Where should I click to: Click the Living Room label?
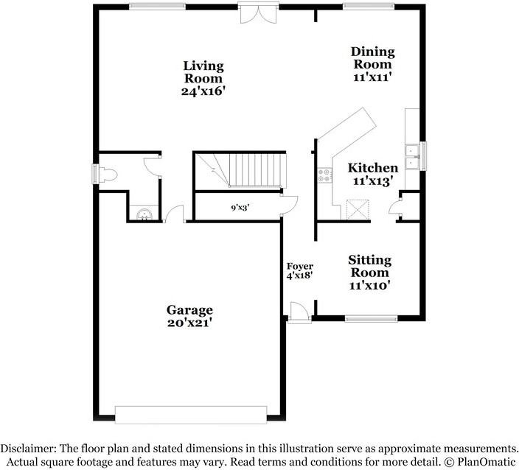pyautogui.click(x=203, y=71)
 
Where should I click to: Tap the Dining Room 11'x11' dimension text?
pyautogui.click(x=372, y=77)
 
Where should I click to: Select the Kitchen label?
pyautogui.click(x=373, y=168)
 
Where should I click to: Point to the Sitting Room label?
pyautogui.click(x=369, y=266)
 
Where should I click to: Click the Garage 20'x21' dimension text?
pyautogui.click(x=189, y=323)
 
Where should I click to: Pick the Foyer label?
pyautogui.click(x=299, y=266)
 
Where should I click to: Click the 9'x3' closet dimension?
pyautogui.click(x=240, y=208)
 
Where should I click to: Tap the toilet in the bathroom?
pyautogui.click(x=108, y=175)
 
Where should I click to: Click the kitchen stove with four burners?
pyautogui.click(x=324, y=175)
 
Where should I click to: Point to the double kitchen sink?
pyautogui.click(x=412, y=157)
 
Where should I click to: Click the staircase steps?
pyautogui.click(x=254, y=169)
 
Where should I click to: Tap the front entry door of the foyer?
pyautogui.click(x=299, y=312)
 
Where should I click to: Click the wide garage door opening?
pyautogui.click(x=191, y=415)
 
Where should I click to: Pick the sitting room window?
pyautogui.click(x=371, y=318)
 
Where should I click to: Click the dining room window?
pyautogui.click(x=369, y=7)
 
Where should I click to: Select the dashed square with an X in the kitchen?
pyautogui.click(x=358, y=209)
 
